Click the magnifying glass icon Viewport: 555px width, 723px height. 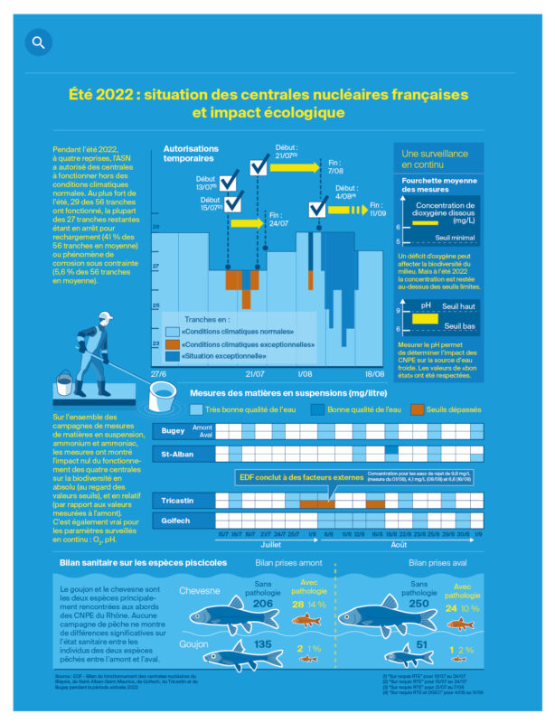[38, 42]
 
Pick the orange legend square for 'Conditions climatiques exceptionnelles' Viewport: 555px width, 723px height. [174, 344]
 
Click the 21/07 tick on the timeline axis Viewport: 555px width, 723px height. [254, 372]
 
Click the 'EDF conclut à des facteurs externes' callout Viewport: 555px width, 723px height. [288, 475]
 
